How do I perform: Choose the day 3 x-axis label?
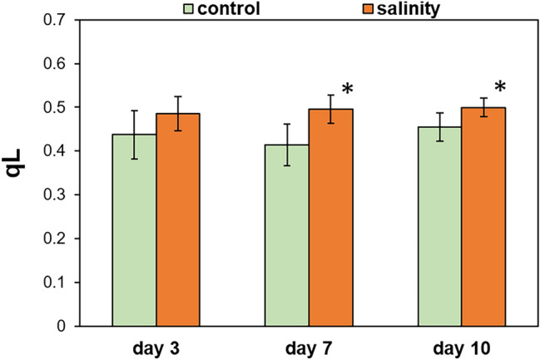coord(157,346)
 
